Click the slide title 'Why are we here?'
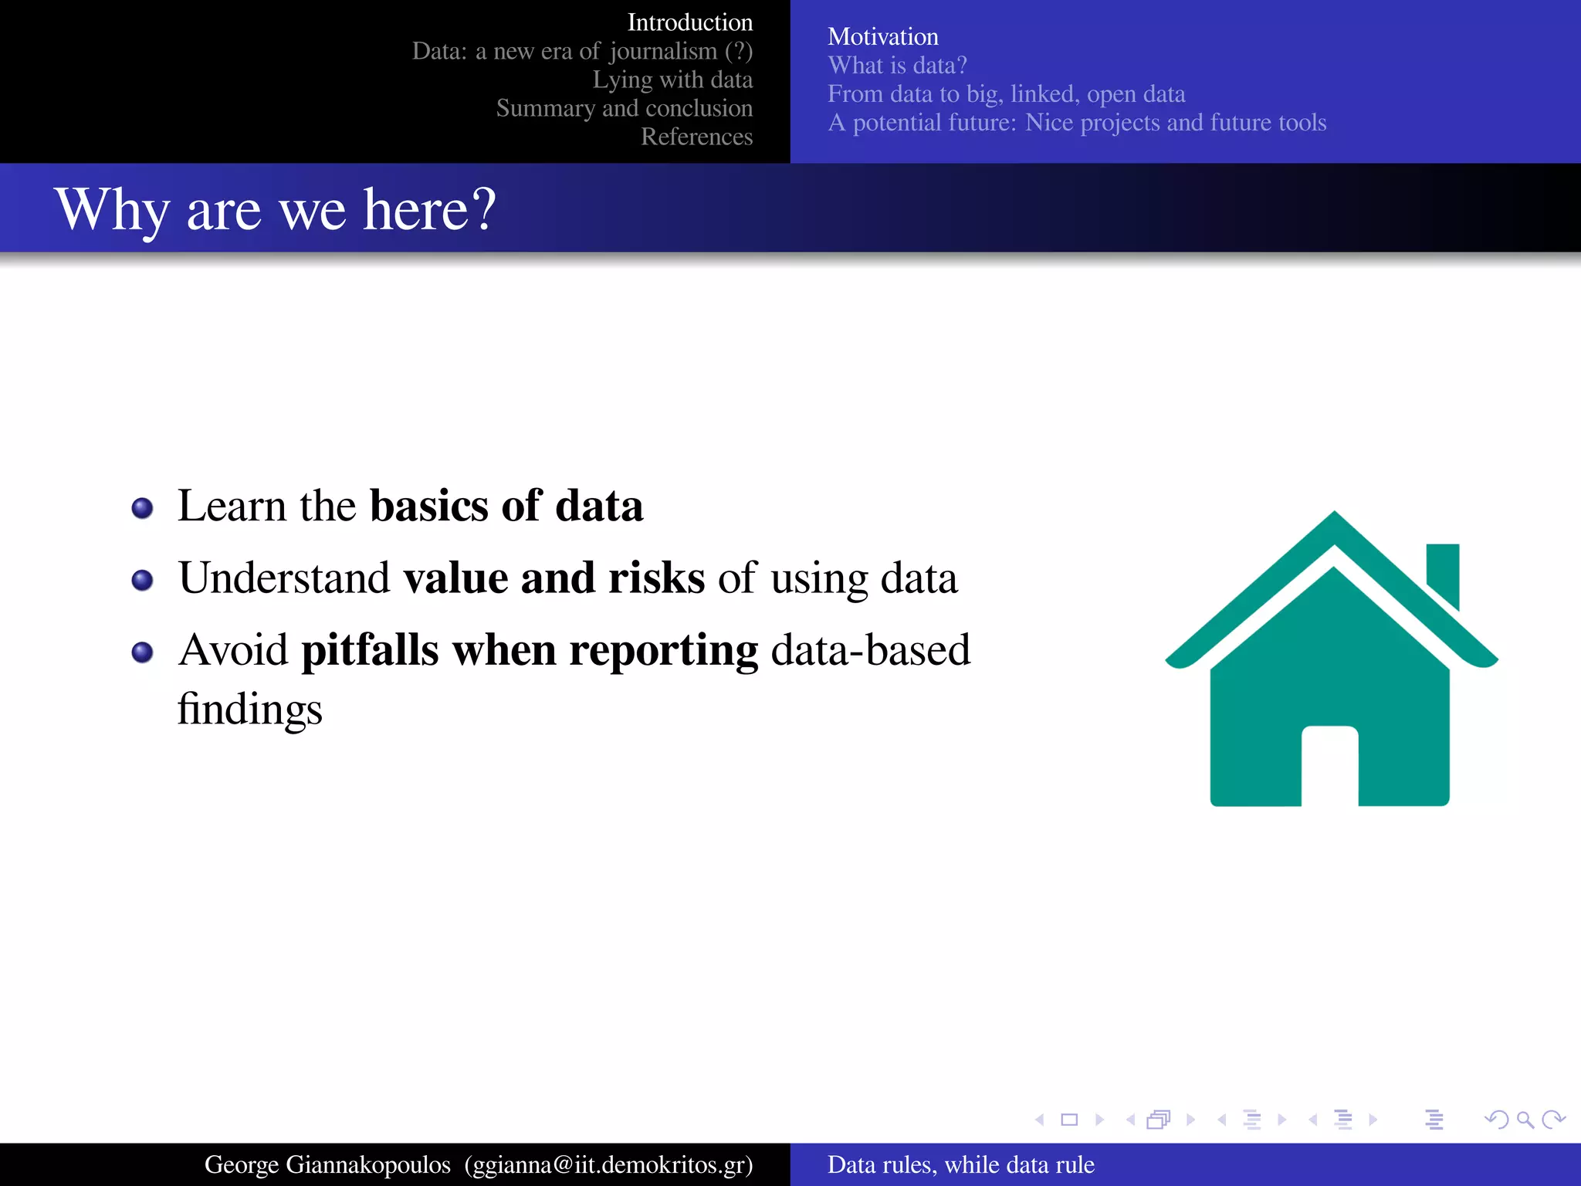point(275,209)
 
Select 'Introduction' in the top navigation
point(689,22)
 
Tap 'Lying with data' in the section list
point(672,80)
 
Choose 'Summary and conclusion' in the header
point(624,108)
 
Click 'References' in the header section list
point(696,137)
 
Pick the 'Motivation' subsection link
point(882,36)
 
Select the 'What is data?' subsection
point(897,65)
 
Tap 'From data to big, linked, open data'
point(1006,93)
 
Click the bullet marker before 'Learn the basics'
point(142,508)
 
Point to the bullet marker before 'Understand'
point(142,580)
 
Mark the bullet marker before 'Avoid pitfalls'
point(142,652)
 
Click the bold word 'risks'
point(656,578)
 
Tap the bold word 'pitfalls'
point(370,650)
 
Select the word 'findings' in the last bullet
point(249,709)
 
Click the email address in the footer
point(608,1164)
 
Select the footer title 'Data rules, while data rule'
point(960,1164)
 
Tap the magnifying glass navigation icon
point(1525,1120)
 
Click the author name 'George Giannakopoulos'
point(327,1164)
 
